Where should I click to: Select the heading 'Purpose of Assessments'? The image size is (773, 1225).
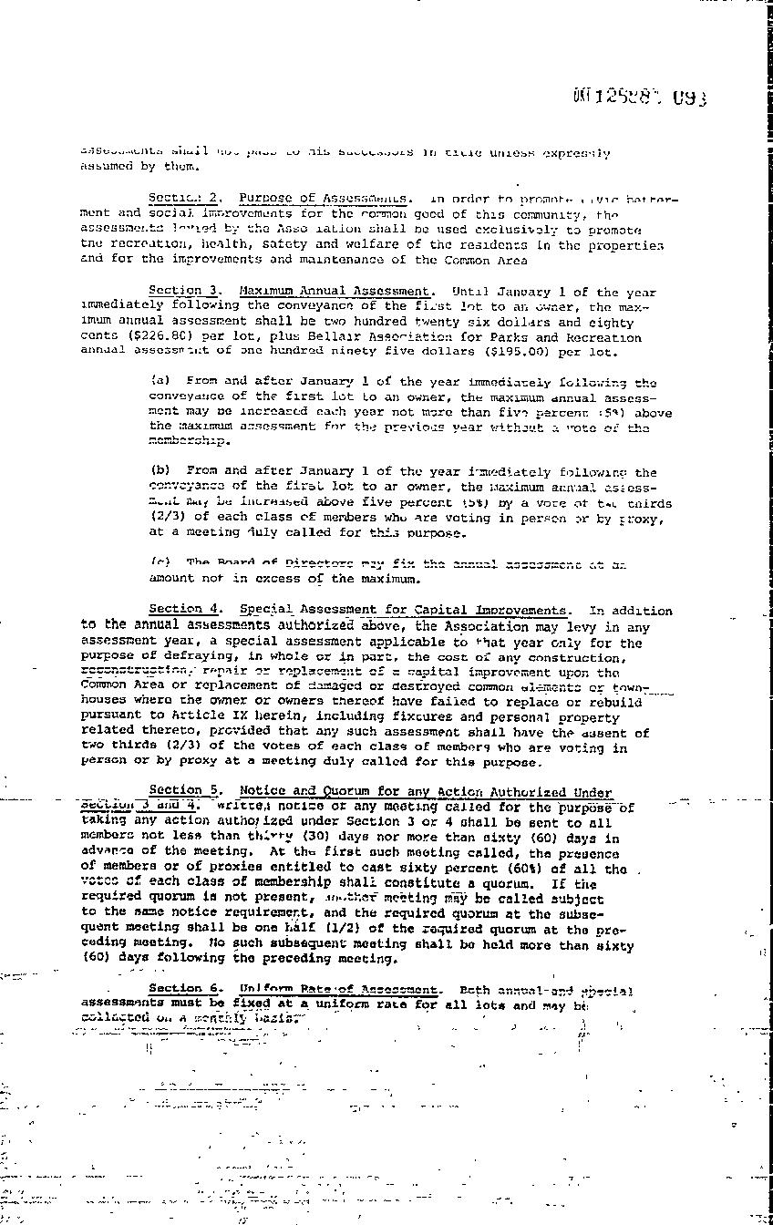click(x=323, y=198)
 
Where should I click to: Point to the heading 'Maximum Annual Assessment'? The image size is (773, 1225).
click(x=340, y=291)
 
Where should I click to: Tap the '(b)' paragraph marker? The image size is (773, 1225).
click(x=159, y=471)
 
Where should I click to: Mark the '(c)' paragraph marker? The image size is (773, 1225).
click(x=159, y=562)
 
